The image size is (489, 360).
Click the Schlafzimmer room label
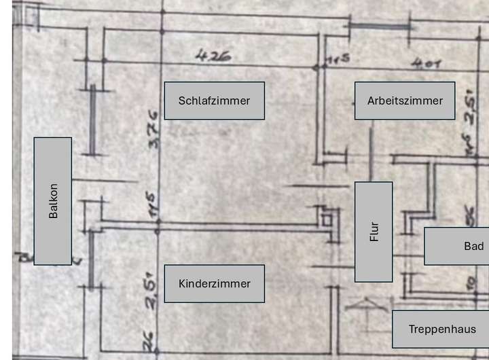(214, 101)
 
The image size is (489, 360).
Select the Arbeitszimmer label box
(405, 101)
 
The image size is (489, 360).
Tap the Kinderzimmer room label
(214, 283)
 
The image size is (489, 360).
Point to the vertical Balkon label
(53, 201)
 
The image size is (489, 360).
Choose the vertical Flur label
(374, 232)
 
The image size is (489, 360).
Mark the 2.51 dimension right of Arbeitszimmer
(470, 108)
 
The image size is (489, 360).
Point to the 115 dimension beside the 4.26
(337, 60)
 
